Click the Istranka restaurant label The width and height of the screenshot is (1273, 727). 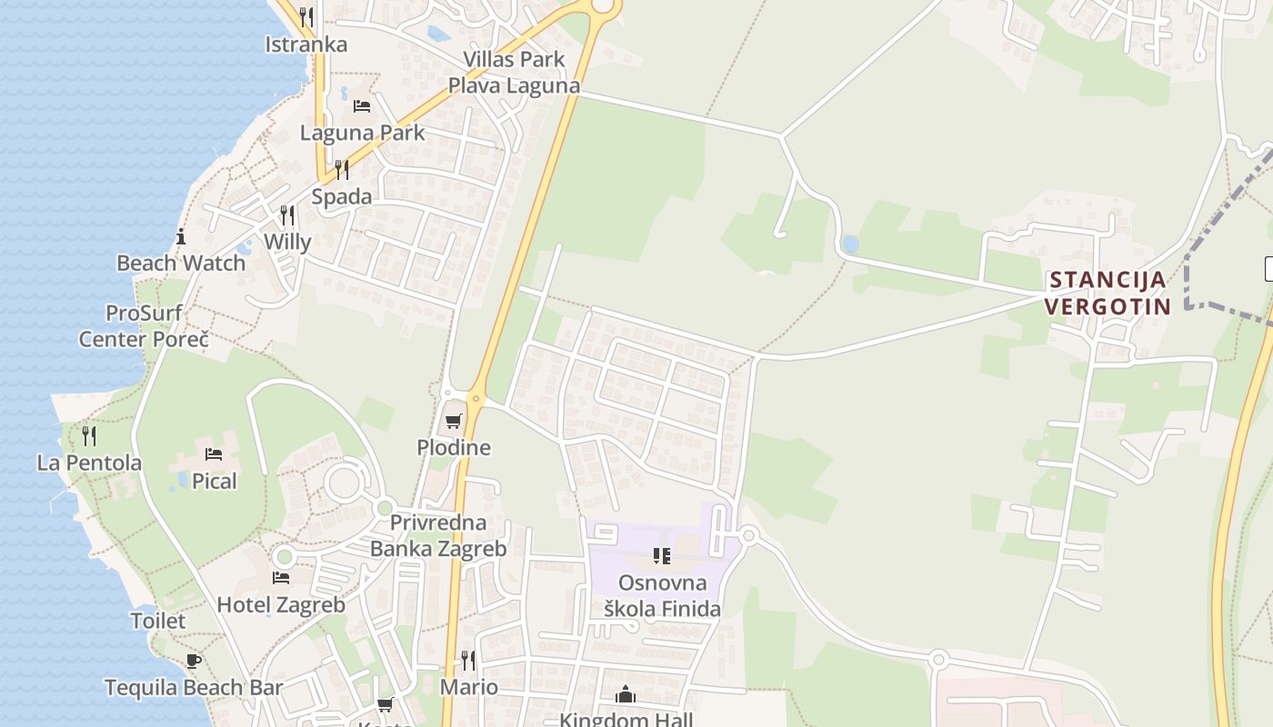pyautogui.click(x=306, y=44)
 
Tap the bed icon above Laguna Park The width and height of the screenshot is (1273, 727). pyautogui.click(x=362, y=106)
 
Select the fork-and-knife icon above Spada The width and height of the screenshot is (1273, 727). pyautogui.click(x=341, y=169)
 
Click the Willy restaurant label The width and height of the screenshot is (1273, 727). pyautogui.click(x=287, y=242)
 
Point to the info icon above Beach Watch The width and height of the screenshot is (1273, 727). pyautogui.click(x=181, y=237)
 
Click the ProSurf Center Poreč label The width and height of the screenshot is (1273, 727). pyautogui.click(x=144, y=326)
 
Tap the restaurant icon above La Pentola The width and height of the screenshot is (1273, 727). pyautogui.click(x=89, y=436)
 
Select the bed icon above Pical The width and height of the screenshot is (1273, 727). pyautogui.click(x=214, y=454)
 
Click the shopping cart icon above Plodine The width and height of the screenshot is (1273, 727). pyautogui.click(x=453, y=422)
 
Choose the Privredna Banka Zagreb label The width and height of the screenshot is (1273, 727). pyautogui.click(x=438, y=536)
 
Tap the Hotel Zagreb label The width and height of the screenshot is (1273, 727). pyautogui.click(x=281, y=604)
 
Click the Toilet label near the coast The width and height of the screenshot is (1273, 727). pyautogui.click(x=158, y=621)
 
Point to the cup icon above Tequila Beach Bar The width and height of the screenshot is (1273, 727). pyautogui.click(x=193, y=661)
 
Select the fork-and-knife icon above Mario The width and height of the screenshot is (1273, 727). pyautogui.click(x=468, y=660)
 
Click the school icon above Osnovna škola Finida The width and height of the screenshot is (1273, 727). pyautogui.click(x=661, y=556)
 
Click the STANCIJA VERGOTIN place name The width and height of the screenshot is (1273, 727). pyautogui.click(x=1107, y=293)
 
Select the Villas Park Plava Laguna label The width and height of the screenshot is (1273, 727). pyautogui.click(x=514, y=73)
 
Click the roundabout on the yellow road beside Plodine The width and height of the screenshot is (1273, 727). pyautogui.click(x=476, y=398)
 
